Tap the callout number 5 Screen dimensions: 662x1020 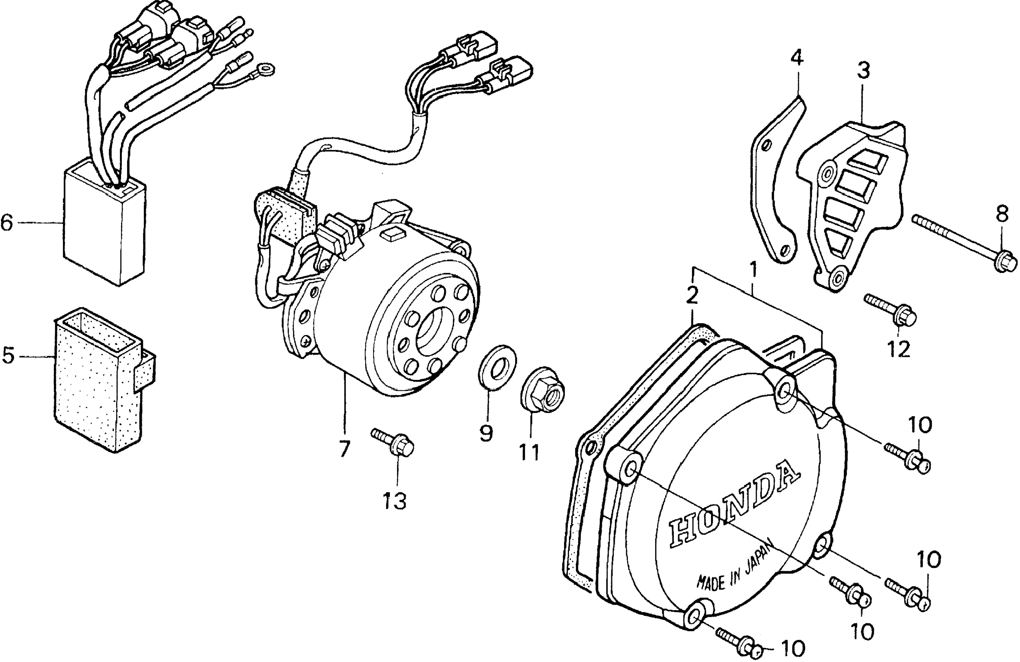(x=9, y=355)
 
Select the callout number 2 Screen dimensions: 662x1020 (x=692, y=295)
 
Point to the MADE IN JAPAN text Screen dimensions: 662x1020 (x=734, y=567)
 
